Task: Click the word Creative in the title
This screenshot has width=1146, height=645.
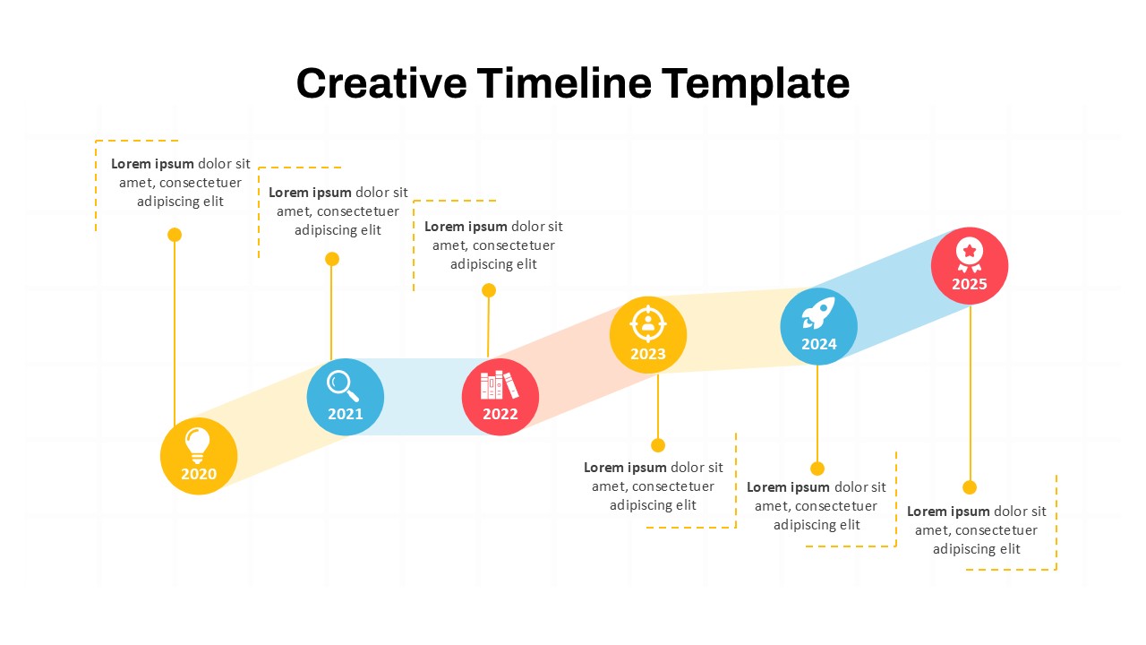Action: click(381, 83)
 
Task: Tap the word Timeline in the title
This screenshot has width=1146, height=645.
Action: click(564, 83)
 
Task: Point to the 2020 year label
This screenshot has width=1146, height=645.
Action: click(199, 474)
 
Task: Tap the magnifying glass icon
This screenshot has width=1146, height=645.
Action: click(343, 386)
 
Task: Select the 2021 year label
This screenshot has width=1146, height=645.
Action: click(346, 414)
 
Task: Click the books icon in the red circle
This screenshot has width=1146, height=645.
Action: click(500, 385)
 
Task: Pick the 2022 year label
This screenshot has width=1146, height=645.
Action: click(500, 414)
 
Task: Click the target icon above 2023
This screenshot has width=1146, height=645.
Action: click(647, 323)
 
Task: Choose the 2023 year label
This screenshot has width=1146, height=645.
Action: click(648, 354)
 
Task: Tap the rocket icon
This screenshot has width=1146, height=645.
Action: click(818, 313)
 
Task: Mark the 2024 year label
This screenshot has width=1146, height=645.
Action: click(819, 344)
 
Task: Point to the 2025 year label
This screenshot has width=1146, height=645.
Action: click(970, 284)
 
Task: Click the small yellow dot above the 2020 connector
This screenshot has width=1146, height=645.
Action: click(175, 235)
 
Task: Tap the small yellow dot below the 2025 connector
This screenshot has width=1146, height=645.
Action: click(970, 487)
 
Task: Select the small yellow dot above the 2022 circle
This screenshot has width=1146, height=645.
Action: click(489, 290)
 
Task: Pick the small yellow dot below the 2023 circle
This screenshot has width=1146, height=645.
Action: click(658, 445)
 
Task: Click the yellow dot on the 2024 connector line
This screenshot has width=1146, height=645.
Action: click(817, 469)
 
